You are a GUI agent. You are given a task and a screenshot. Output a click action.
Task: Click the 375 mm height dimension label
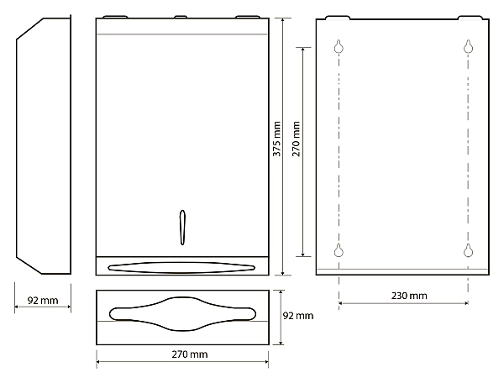[x=276, y=139]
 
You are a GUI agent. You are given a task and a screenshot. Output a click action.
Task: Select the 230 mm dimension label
[x=409, y=296]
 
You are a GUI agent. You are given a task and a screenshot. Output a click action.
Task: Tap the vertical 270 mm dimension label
[x=296, y=139]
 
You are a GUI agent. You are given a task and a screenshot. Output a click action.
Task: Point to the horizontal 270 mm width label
[x=190, y=354]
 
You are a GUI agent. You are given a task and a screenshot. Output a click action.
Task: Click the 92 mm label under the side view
[x=43, y=301]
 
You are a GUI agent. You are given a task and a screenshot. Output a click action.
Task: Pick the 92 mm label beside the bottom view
[x=298, y=316]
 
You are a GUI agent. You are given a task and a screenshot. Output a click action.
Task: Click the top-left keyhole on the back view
[x=339, y=46]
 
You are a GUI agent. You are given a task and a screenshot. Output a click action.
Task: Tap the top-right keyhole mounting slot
[x=469, y=46]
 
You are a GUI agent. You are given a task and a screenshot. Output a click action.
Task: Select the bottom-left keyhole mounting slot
[x=339, y=250]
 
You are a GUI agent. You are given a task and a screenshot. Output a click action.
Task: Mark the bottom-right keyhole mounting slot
[x=469, y=250]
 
